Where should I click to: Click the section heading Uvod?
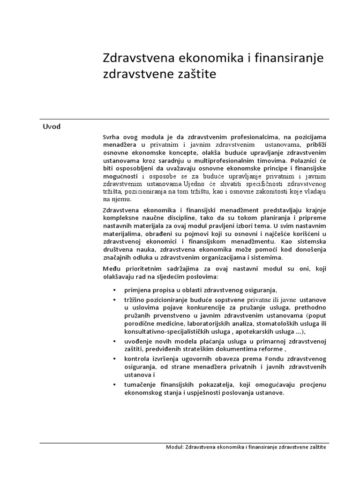(52, 127)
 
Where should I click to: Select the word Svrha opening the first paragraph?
(111, 137)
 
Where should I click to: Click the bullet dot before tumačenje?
(114, 385)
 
